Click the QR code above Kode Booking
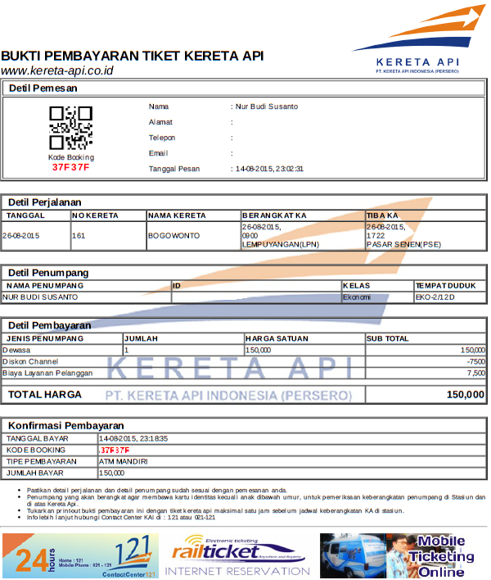[x=70, y=127]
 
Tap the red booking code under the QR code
[x=70, y=167]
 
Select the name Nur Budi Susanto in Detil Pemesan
[x=267, y=106]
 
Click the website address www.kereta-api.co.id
[x=56, y=70]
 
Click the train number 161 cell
[x=79, y=235]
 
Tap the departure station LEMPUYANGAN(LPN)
[x=281, y=244]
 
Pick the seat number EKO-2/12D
[x=434, y=297]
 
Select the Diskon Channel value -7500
[x=475, y=361]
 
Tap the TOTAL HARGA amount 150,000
[x=466, y=395]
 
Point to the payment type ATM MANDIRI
[x=124, y=461]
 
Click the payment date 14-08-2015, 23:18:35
[x=133, y=439]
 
